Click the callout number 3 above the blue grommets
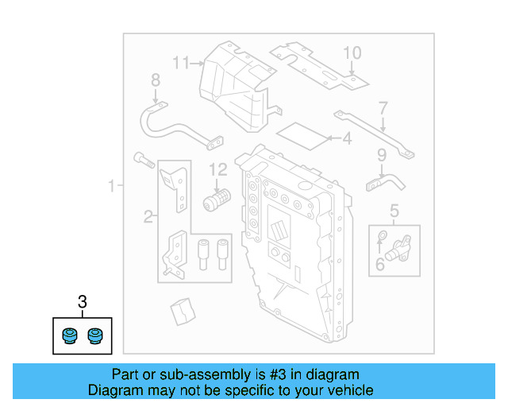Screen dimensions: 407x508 [82, 302]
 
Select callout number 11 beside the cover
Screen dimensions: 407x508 [183, 62]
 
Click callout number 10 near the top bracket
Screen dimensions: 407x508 [352, 53]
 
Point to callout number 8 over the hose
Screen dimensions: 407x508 [156, 79]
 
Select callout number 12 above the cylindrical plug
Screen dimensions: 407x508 [217, 169]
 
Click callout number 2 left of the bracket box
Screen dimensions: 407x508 [147, 216]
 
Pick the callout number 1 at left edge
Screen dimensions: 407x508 [112, 187]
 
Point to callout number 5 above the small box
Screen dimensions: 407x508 [394, 211]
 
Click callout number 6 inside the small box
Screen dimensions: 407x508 [379, 264]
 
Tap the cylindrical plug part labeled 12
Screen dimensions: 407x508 [215, 199]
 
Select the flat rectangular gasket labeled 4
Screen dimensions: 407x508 [305, 137]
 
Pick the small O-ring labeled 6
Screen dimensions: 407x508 [383, 235]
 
